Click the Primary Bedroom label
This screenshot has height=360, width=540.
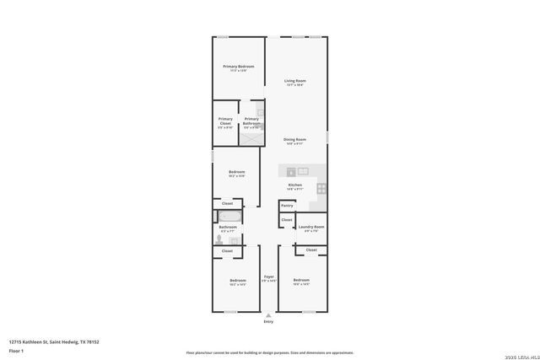pos(238,67)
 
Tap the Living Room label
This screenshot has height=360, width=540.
pos(294,81)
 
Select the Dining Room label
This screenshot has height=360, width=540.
pos(294,139)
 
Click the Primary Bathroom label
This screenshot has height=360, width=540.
pos(251,121)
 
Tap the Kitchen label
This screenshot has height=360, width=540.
pos(294,185)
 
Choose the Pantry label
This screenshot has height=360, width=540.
pos(287,205)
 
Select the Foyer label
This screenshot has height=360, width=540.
pos(268,277)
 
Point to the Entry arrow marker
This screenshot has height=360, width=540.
pos(268,315)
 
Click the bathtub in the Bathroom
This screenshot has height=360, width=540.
pos(228,217)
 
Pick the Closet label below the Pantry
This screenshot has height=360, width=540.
pos(287,220)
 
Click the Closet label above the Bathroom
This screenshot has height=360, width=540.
pos(227,203)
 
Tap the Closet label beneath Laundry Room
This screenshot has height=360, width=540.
pos(311,250)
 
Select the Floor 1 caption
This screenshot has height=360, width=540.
pos(16,350)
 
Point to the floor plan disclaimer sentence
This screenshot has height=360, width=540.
pos(269,352)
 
